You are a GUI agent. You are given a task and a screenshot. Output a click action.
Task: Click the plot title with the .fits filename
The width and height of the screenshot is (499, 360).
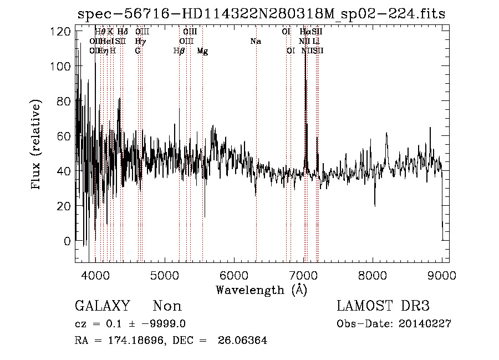pyautogui.click(x=261, y=14)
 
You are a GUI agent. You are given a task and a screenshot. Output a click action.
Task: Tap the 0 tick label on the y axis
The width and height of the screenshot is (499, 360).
pyautogui.click(x=68, y=241)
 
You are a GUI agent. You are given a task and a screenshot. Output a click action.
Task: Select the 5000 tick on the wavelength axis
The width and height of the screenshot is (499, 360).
pyautogui.click(x=165, y=275)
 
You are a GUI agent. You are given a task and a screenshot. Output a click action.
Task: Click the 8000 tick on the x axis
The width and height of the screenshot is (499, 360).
pyautogui.click(x=373, y=275)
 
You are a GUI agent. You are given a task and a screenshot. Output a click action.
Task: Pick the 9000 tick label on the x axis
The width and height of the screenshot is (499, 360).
pyautogui.click(x=442, y=275)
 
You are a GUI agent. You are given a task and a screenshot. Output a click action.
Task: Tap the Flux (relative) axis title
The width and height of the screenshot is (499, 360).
pyautogui.click(x=37, y=145)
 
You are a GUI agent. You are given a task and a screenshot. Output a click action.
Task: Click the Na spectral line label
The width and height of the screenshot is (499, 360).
pyautogui.click(x=256, y=42)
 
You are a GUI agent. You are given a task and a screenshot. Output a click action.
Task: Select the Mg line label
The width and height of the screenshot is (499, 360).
pyautogui.click(x=202, y=51)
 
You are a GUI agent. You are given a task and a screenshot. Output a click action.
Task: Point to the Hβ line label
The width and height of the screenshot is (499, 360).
pyautogui.click(x=179, y=51)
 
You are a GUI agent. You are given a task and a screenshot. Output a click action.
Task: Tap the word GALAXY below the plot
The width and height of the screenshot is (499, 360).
pyautogui.click(x=103, y=306)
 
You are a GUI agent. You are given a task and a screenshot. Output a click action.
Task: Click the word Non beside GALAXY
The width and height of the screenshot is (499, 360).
pyautogui.click(x=167, y=306)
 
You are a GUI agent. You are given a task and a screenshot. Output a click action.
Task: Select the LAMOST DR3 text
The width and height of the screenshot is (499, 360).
pyautogui.click(x=383, y=306)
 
